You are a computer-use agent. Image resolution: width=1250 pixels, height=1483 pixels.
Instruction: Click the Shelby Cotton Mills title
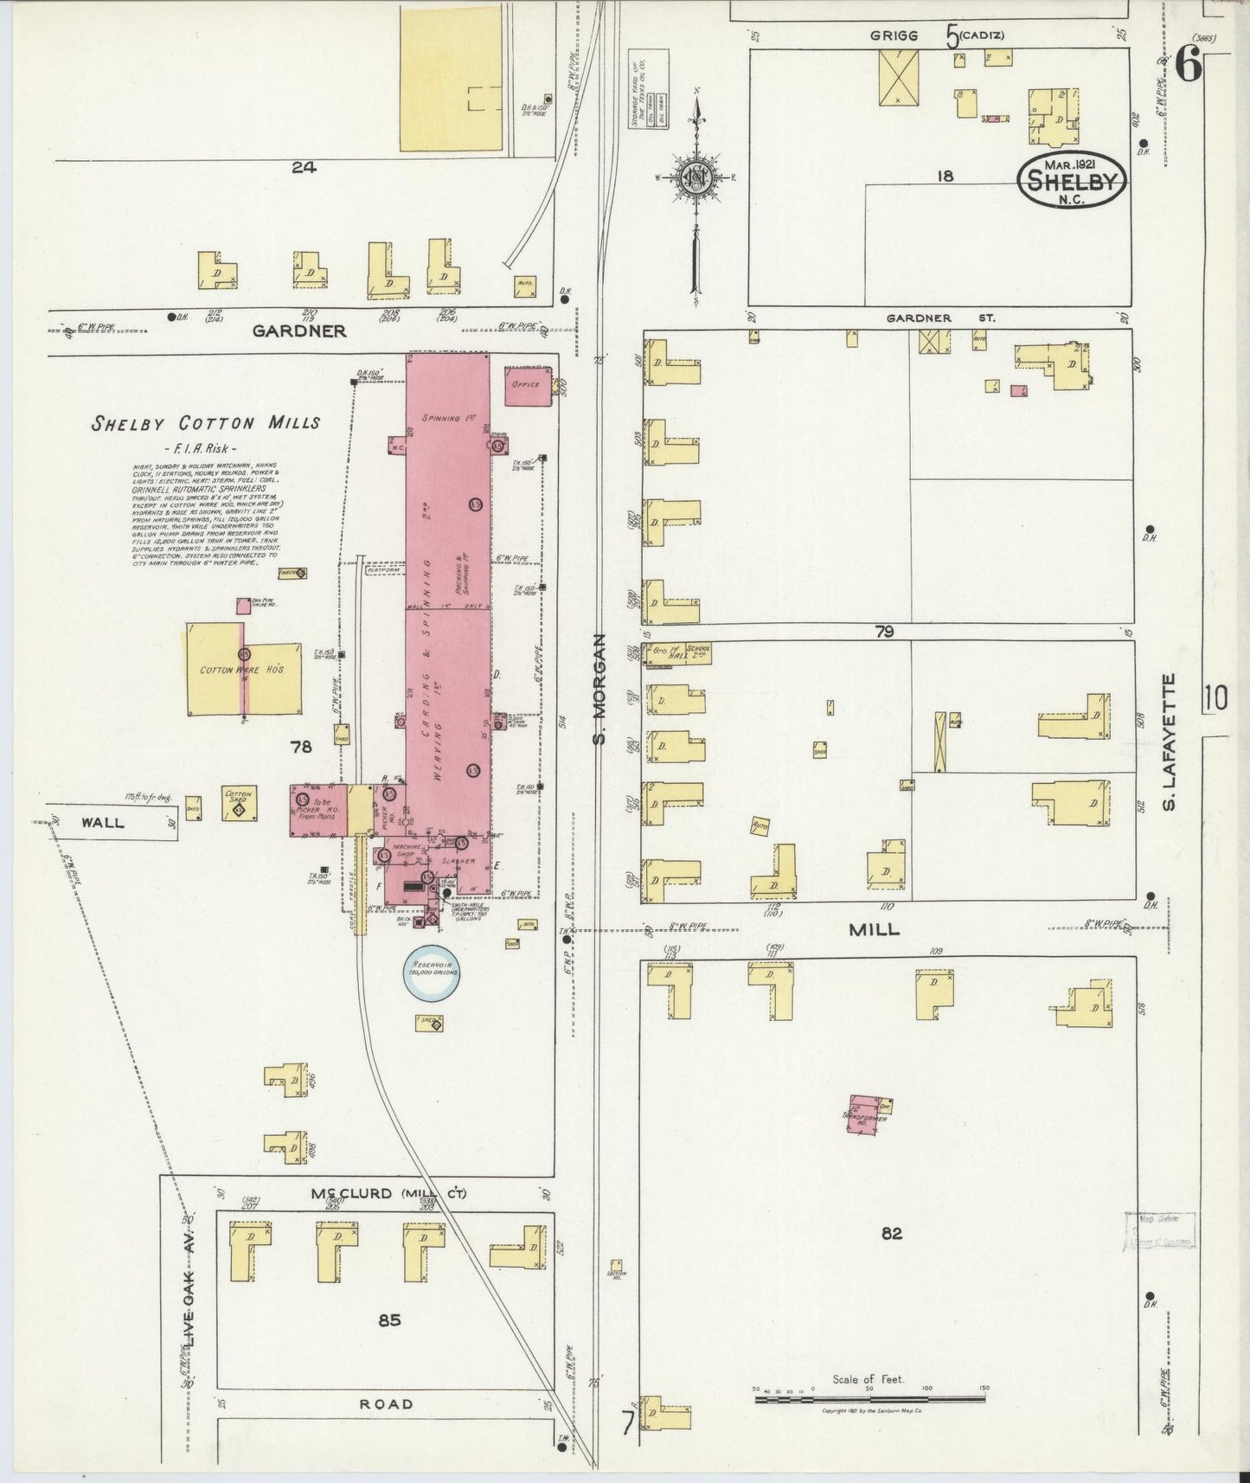pyautogui.click(x=207, y=423)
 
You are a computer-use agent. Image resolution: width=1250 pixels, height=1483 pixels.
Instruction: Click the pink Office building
pyautogui.click(x=527, y=385)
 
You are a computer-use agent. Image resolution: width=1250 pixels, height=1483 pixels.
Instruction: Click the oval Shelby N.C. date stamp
pyautogui.click(x=1073, y=179)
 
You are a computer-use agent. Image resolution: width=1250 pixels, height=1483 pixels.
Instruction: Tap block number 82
pyautogui.click(x=892, y=1234)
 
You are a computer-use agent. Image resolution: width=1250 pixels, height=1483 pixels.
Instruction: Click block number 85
pyautogui.click(x=388, y=1321)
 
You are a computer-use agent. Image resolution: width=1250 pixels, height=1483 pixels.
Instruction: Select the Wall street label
pyautogui.click(x=103, y=822)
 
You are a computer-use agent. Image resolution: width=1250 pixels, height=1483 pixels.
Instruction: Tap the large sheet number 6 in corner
pyautogui.click(x=1189, y=65)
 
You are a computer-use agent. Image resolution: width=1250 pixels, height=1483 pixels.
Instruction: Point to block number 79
pyautogui.click(x=883, y=632)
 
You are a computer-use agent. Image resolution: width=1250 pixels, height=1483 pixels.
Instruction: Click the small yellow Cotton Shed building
pyautogui.click(x=238, y=804)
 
